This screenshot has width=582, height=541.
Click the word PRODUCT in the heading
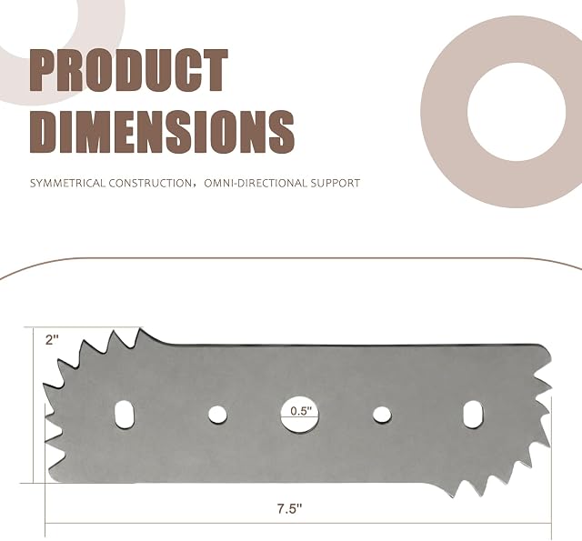(128, 71)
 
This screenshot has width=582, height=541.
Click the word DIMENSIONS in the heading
(162, 132)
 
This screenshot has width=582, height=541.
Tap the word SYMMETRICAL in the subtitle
(67, 183)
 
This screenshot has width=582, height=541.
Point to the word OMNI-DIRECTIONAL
(256, 183)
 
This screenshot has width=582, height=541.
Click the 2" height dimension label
(52, 340)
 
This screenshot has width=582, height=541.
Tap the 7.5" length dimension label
(290, 508)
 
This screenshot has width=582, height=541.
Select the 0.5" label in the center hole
(300, 411)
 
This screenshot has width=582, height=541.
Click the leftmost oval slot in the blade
(125, 414)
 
